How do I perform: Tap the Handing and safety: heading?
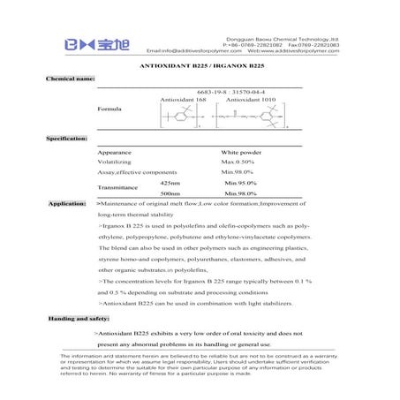(x=78, y=317)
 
